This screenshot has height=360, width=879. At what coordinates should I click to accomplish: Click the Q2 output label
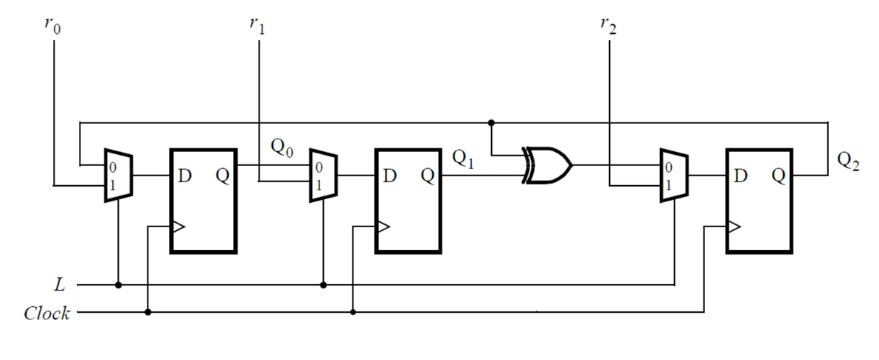(849, 159)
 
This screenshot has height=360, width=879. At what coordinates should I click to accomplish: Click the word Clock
(46, 314)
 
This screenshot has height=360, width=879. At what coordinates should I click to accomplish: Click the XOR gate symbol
(546, 167)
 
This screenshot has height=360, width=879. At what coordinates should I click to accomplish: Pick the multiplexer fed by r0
(118, 176)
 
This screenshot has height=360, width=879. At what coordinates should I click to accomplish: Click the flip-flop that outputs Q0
(204, 201)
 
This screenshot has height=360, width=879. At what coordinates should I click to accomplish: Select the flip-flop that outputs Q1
(409, 201)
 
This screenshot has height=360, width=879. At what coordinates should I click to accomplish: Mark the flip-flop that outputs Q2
(760, 201)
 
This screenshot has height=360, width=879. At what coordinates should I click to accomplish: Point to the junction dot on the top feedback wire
(491, 122)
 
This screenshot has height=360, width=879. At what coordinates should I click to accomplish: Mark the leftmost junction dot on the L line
(118, 284)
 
